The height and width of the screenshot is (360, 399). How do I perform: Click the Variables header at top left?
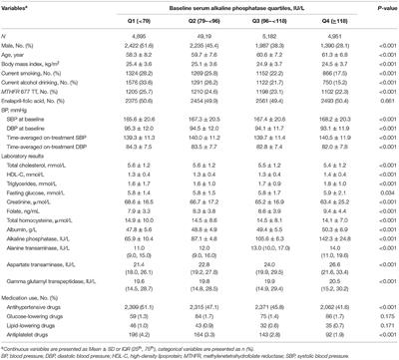[x=23, y=8]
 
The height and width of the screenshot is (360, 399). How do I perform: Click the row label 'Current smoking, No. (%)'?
[x=40, y=74]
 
